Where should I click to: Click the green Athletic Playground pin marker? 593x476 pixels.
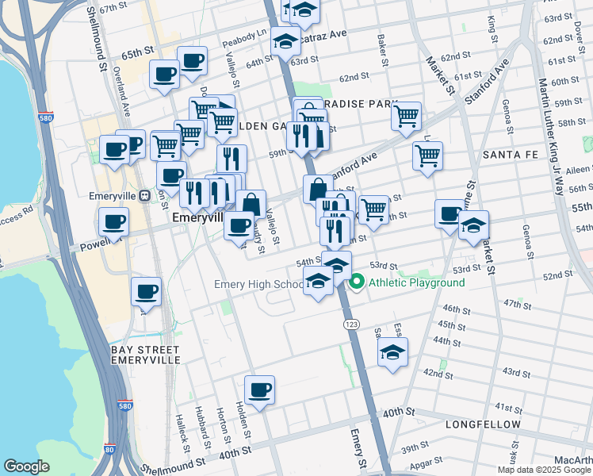tap(357, 282)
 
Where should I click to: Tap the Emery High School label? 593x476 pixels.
tap(258, 284)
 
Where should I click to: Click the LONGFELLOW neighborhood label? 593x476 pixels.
tap(483, 424)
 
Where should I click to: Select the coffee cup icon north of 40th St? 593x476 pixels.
tap(259, 390)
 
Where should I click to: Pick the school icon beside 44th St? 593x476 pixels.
tap(392, 351)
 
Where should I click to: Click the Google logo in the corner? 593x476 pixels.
tap(26, 466)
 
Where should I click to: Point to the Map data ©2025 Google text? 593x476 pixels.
tap(545, 470)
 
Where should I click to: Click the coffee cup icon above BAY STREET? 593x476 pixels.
tap(146, 291)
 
